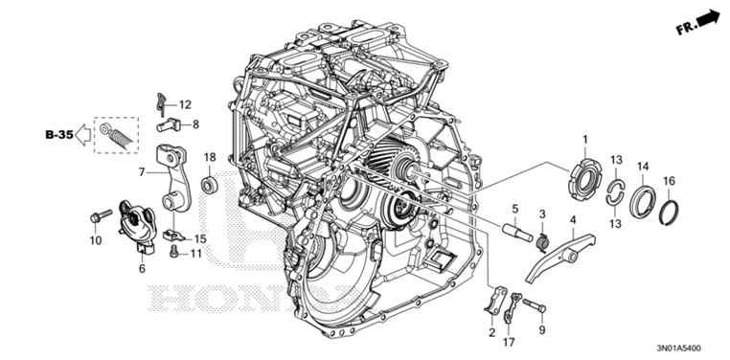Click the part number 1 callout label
point(584,142)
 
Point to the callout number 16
point(670,181)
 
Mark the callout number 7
point(142,172)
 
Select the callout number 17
point(509,342)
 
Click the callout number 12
point(185,103)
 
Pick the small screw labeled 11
point(172,252)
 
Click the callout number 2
point(491,332)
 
